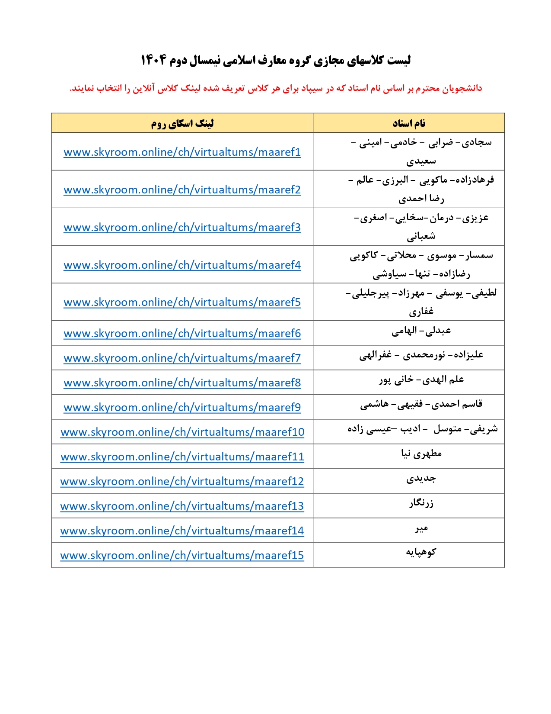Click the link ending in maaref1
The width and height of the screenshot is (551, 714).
coord(182,152)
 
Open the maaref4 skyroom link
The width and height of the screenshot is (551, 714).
coord(182,265)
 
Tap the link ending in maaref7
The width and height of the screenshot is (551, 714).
coord(182,358)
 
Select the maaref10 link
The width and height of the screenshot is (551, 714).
coord(182,432)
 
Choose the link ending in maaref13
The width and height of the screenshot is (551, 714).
coord(182,506)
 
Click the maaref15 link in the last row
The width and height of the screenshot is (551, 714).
coord(182,556)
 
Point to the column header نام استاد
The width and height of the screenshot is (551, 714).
coord(409,123)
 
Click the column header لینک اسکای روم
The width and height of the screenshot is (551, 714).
coord(182,124)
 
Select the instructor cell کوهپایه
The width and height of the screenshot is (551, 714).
coord(421,553)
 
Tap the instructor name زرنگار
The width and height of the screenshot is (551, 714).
coord(421,503)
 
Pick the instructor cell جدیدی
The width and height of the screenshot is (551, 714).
coord(421,479)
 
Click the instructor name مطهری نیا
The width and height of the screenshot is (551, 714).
coord(421,454)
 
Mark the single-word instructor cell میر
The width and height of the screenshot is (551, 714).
coord(421,528)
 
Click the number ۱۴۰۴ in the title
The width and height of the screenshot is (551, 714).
coord(153,60)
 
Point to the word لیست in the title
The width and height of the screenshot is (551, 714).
coord(399,60)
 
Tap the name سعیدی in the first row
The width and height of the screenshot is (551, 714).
coord(421,161)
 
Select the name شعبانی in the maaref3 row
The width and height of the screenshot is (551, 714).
coord(421,236)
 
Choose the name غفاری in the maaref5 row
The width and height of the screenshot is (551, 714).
coord(421,312)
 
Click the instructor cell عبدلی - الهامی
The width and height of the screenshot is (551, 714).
coord(421,331)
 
